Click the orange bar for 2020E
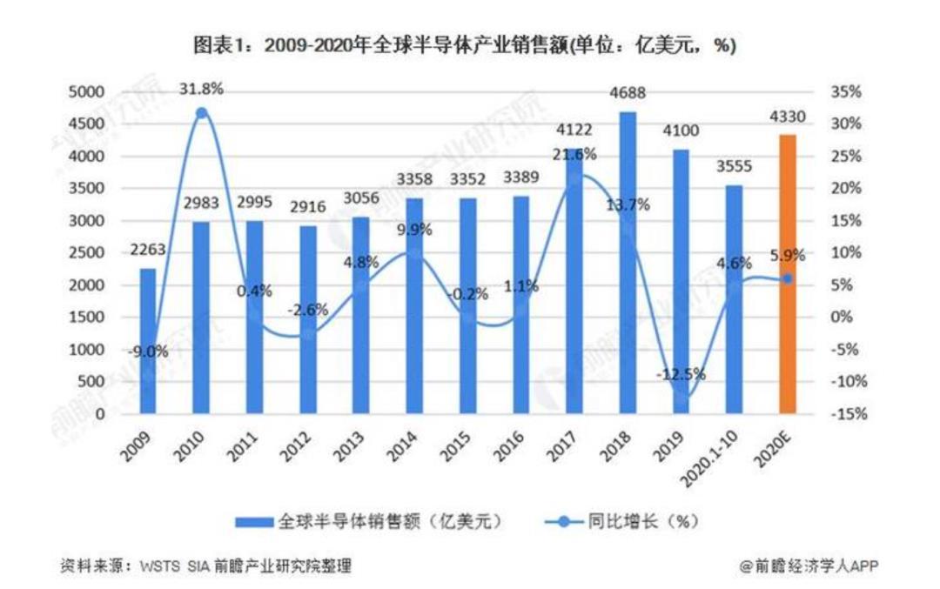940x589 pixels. [x=787, y=274]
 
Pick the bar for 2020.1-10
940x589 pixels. [x=735, y=299]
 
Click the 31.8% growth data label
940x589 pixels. [x=202, y=89]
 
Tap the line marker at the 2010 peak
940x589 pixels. [x=202, y=113]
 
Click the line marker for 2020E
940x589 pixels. [x=786, y=278]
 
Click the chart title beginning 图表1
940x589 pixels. [x=470, y=45]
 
